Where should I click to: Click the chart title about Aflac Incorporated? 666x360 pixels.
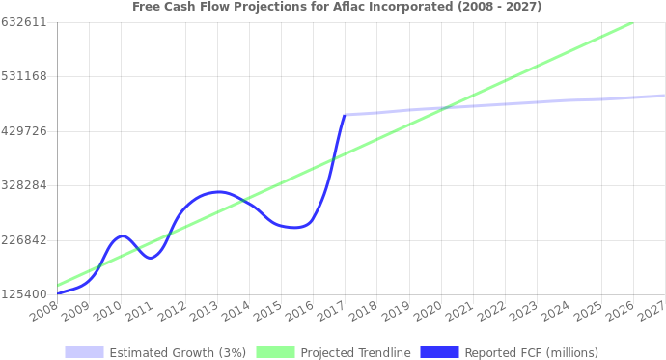point(337,7)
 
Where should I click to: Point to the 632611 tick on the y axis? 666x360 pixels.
point(24,21)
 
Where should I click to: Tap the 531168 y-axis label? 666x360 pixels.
point(24,76)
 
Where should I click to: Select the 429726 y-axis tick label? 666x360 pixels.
point(24,130)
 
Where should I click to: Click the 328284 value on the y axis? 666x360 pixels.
point(24,185)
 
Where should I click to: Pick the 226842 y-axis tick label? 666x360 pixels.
point(24,239)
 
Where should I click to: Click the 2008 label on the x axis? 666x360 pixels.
point(43,312)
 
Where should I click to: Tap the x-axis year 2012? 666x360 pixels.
point(171,312)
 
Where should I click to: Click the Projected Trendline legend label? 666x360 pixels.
point(355,352)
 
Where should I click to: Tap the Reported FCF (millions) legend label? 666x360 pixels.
point(531,352)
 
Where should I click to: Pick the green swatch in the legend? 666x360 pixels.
point(275,352)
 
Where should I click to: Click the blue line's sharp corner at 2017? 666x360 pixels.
point(345,115)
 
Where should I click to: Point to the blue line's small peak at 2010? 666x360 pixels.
point(122,235)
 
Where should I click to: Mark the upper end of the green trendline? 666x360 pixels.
point(632,22)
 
